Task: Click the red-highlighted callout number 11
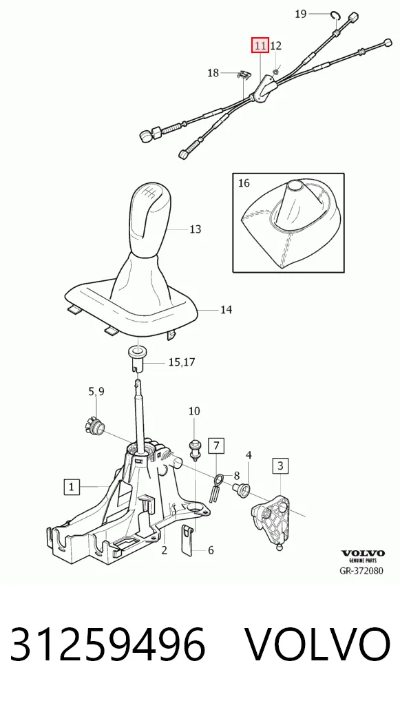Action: tap(260, 45)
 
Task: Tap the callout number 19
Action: tap(301, 14)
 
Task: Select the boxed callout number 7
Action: tap(216, 446)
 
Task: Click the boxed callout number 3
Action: tap(280, 466)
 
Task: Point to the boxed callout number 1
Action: tap(72, 486)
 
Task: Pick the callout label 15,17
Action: tap(182, 362)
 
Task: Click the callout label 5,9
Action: tap(96, 392)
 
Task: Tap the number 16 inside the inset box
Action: tap(244, 183)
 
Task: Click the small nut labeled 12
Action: tap(276, 70)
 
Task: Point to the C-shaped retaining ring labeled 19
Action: tap(336, 16)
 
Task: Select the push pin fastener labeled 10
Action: tap(194, 448)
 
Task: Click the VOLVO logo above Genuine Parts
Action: tap(363, 553)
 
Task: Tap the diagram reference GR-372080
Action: tap(362, 570)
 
